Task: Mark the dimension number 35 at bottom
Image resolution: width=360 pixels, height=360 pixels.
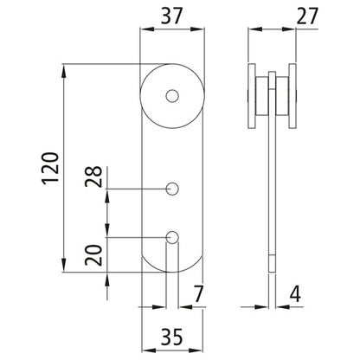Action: coord(173,336)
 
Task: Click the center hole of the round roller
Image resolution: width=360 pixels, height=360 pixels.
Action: coord(173,94)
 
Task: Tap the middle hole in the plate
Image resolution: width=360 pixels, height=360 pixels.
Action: coord(173,188)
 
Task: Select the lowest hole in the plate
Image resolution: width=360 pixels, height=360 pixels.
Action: coord(173,235)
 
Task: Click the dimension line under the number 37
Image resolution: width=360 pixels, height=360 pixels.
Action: coord(173,30)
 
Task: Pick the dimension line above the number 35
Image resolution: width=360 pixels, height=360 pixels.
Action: coord(173,318)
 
